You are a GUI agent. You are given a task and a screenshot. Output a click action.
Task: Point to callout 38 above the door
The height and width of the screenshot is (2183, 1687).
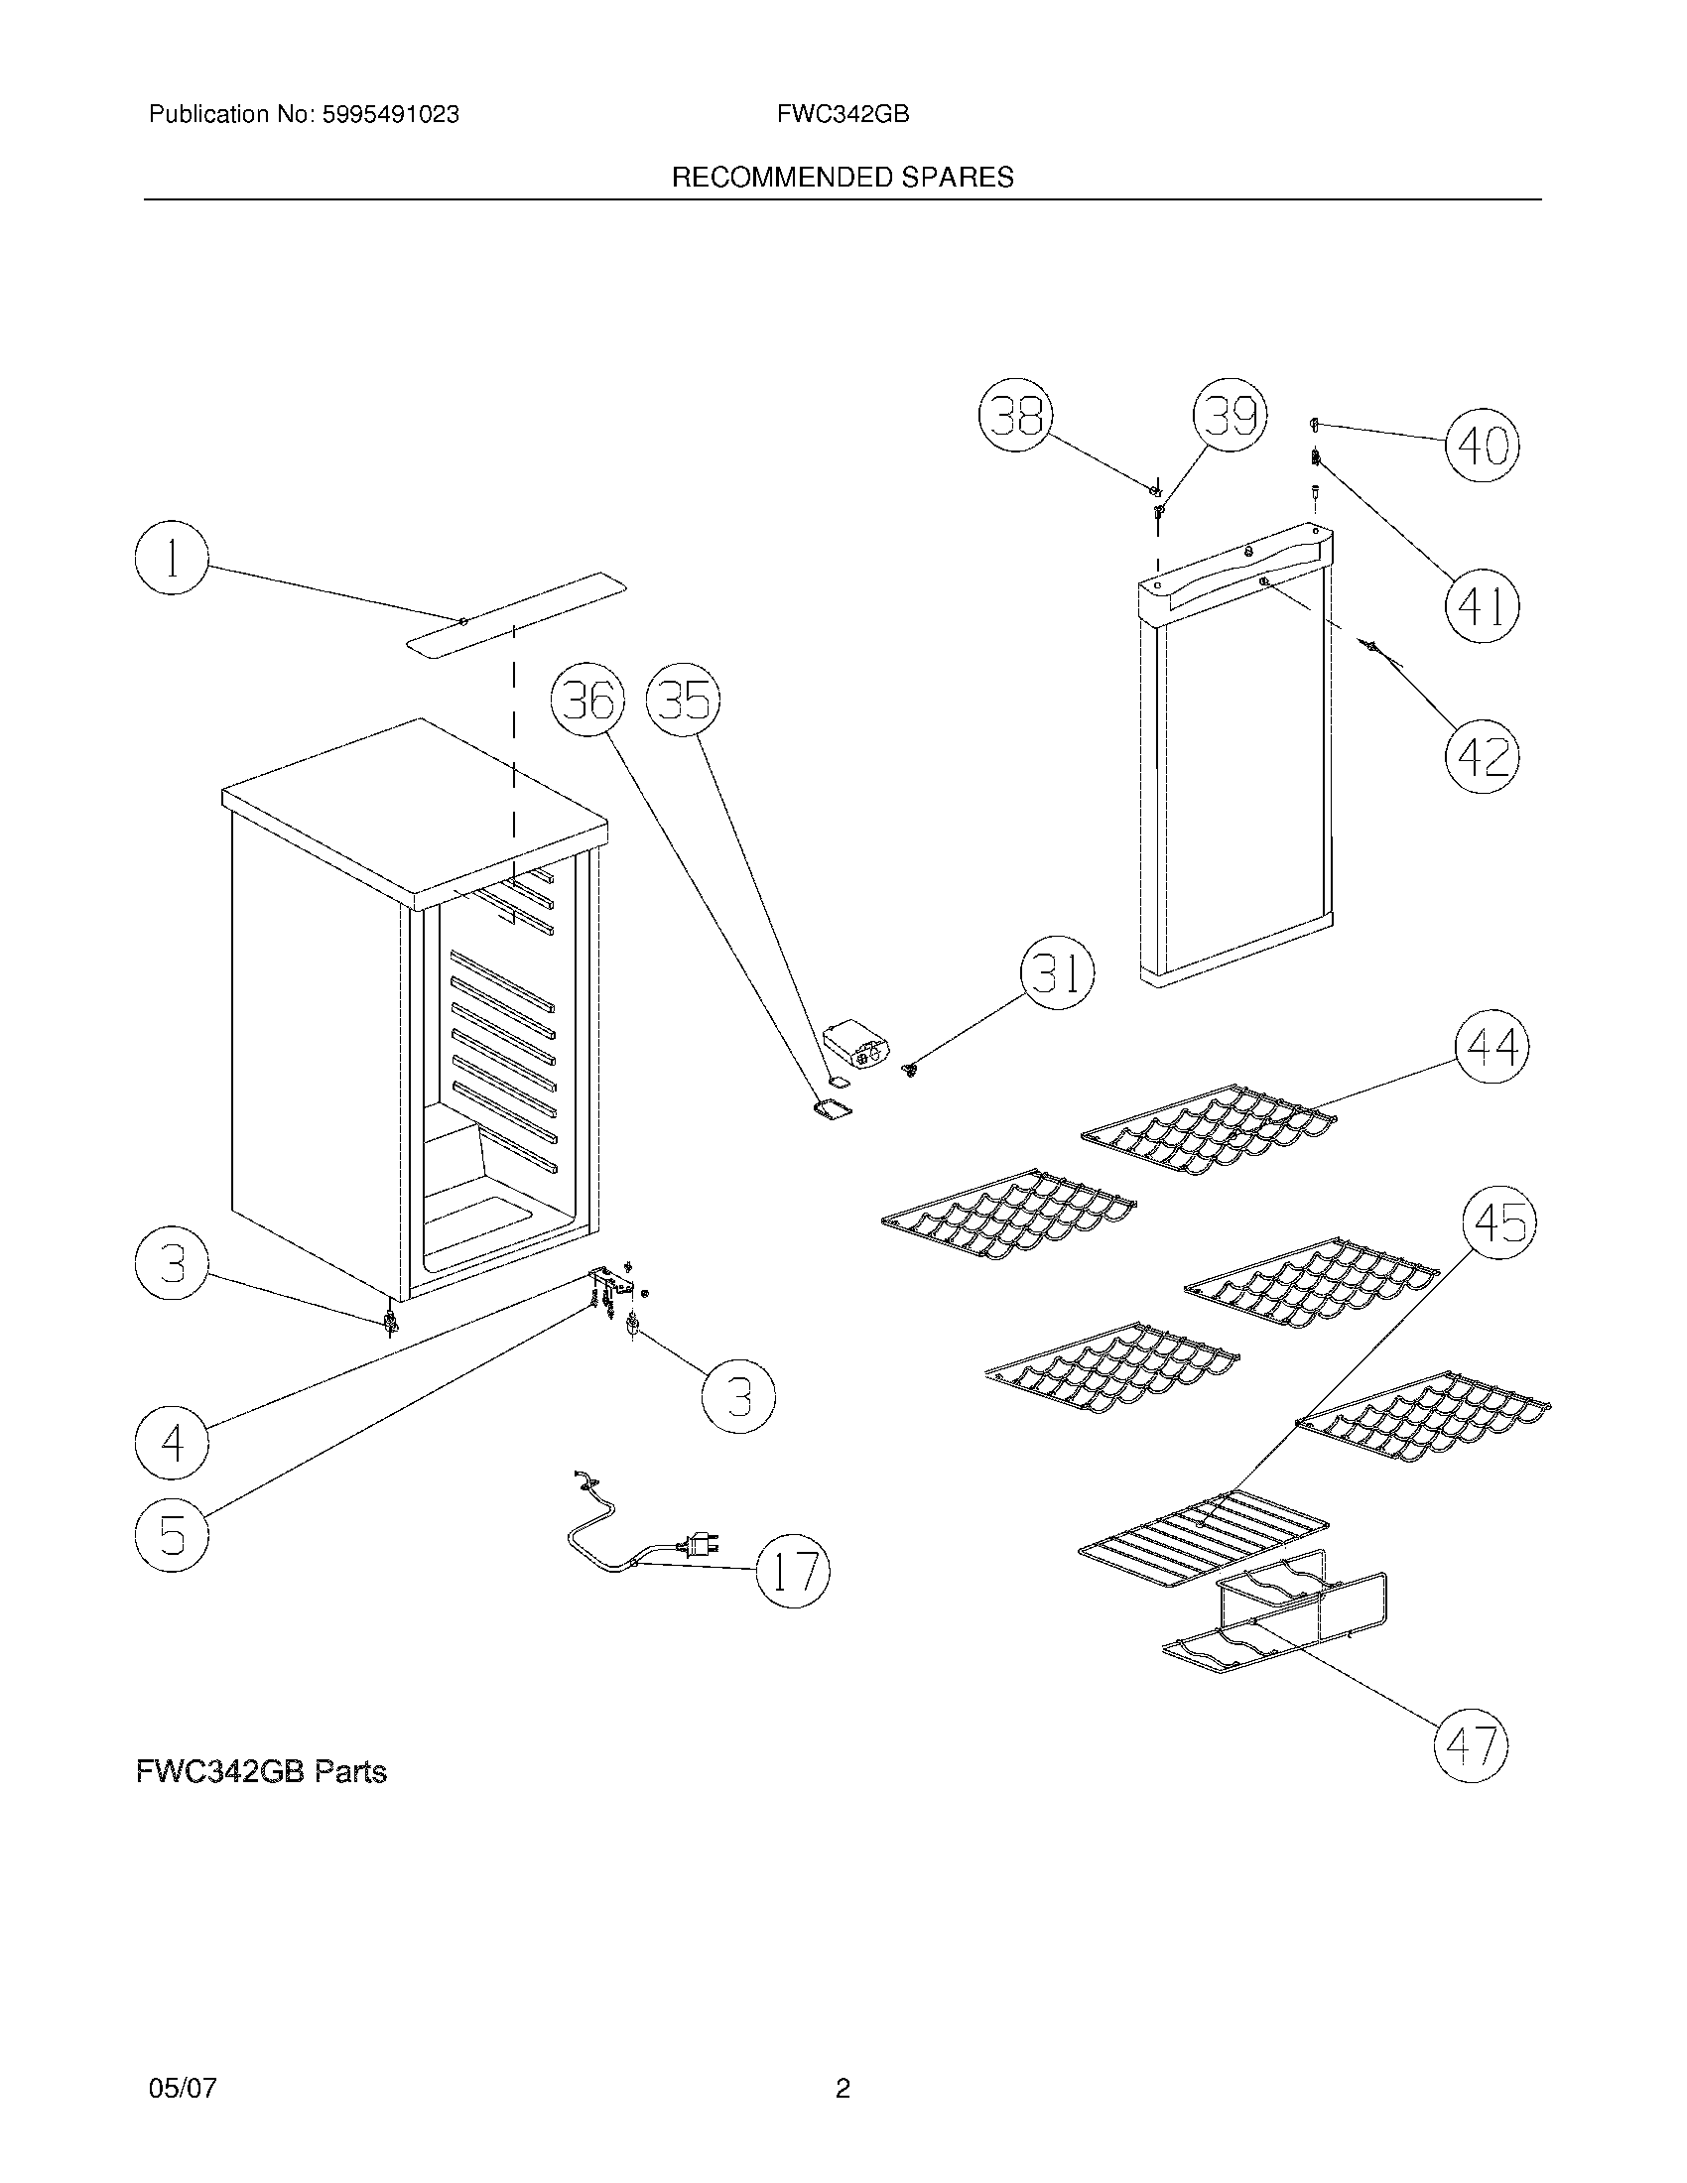[1015, 415]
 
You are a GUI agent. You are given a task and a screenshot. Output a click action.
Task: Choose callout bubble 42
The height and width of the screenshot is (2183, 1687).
[1483, 757]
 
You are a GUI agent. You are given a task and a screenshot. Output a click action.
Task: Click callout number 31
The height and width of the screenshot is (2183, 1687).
[1057, 972]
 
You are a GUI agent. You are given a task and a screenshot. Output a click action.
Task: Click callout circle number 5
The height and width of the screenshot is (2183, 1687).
[172, 1533]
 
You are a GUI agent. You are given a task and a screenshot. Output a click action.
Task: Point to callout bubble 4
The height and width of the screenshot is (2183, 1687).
[172, 1443]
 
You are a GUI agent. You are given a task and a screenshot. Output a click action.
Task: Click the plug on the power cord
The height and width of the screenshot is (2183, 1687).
[696, 1545]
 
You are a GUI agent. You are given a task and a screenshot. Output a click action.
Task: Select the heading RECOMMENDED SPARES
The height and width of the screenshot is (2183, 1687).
[843, 178]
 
